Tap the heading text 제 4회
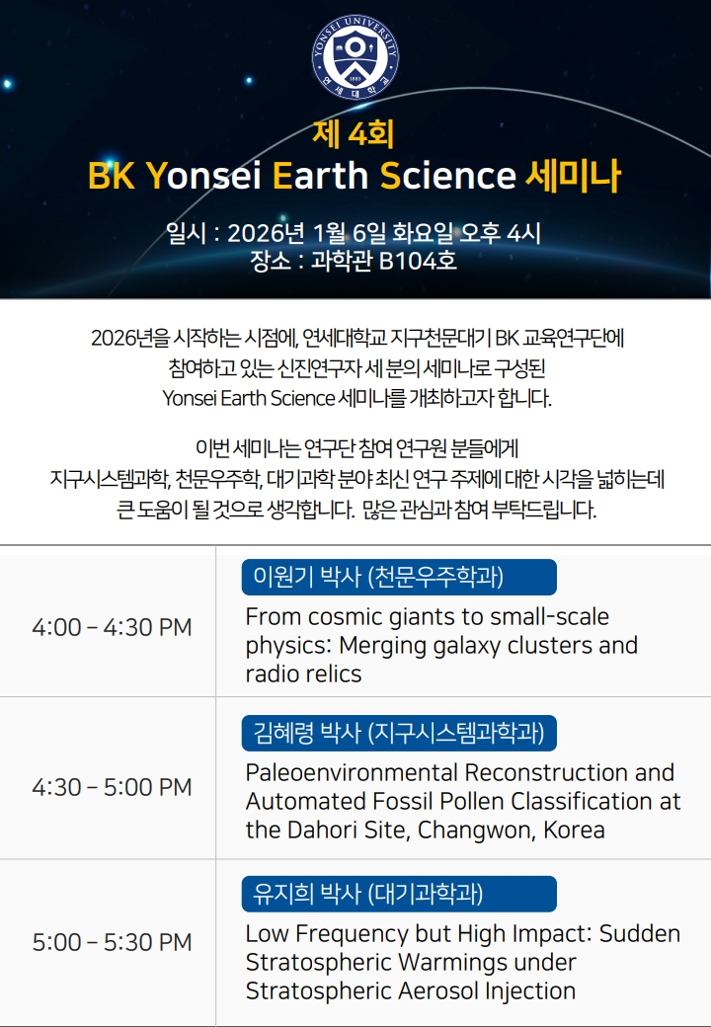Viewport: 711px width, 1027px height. pyautogui.click(x=353, y=134)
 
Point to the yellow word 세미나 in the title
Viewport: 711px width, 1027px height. pyautogui.click(x=573, y=176)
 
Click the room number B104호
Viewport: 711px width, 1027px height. pyautogui.click(x=418, y=261)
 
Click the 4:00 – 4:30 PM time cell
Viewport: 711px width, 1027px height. pyautogui.click(x=112, y=627)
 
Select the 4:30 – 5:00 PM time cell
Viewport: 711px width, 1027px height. pyautogui.click(x=112, y=787)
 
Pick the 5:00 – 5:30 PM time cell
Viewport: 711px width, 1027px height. pyautogui.click(x=112, y=942)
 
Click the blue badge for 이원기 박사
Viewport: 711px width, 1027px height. pyautogui.click(x=399, y=577)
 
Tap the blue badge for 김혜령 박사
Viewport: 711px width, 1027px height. pyautogui.click(x=399, y=733)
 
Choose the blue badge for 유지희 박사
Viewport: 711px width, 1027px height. pyautogui.click(x=399, y=894)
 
